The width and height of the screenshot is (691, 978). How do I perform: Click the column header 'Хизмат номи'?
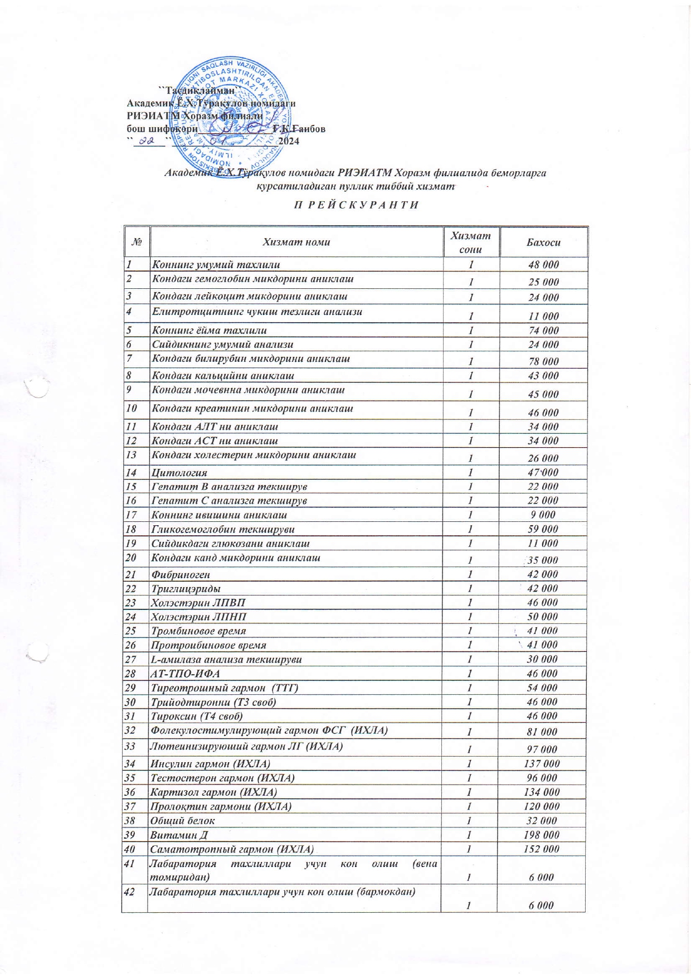[x=296, y=242]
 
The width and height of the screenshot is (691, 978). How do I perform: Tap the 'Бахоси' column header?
[x=543, y=243]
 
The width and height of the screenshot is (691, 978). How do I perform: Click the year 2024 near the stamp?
[x=289, y=141]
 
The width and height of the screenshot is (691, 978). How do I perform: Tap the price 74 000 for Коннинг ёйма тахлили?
[x=543, y=331]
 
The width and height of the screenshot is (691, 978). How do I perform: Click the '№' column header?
[x=137, y=243]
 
